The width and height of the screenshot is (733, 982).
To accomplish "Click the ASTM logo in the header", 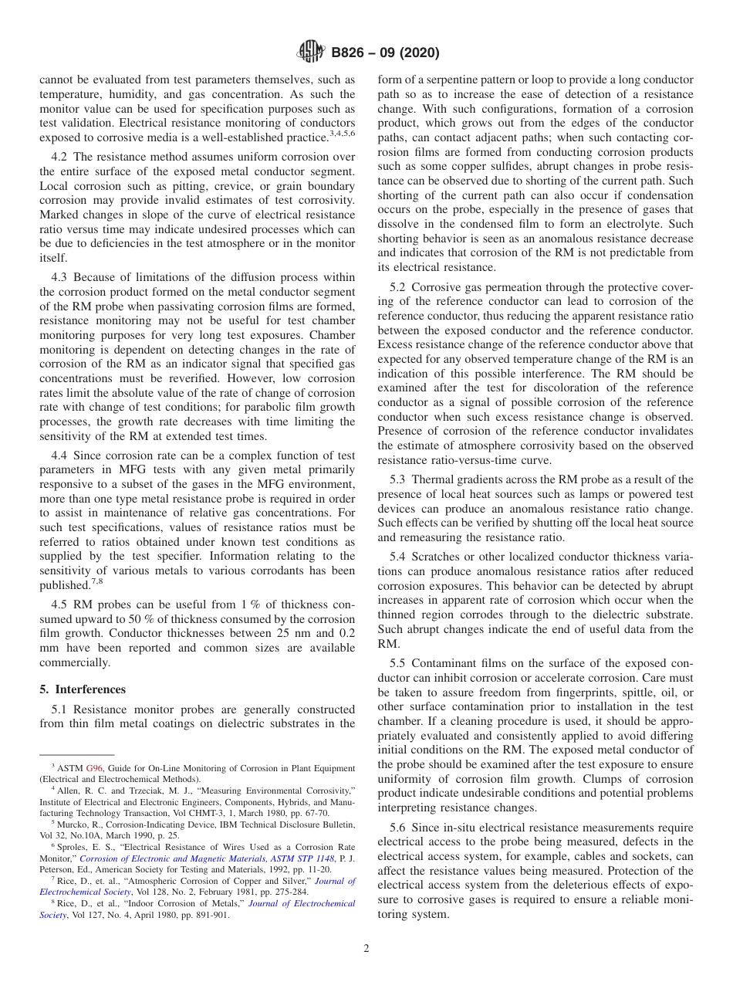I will [x=311, y=53].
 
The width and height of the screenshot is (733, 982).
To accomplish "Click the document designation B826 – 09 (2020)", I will [x=385, y=53].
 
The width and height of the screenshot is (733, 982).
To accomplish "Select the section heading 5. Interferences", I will [x=83, y=689].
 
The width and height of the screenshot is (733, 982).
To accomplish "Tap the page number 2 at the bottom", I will [x=366, y=948].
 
